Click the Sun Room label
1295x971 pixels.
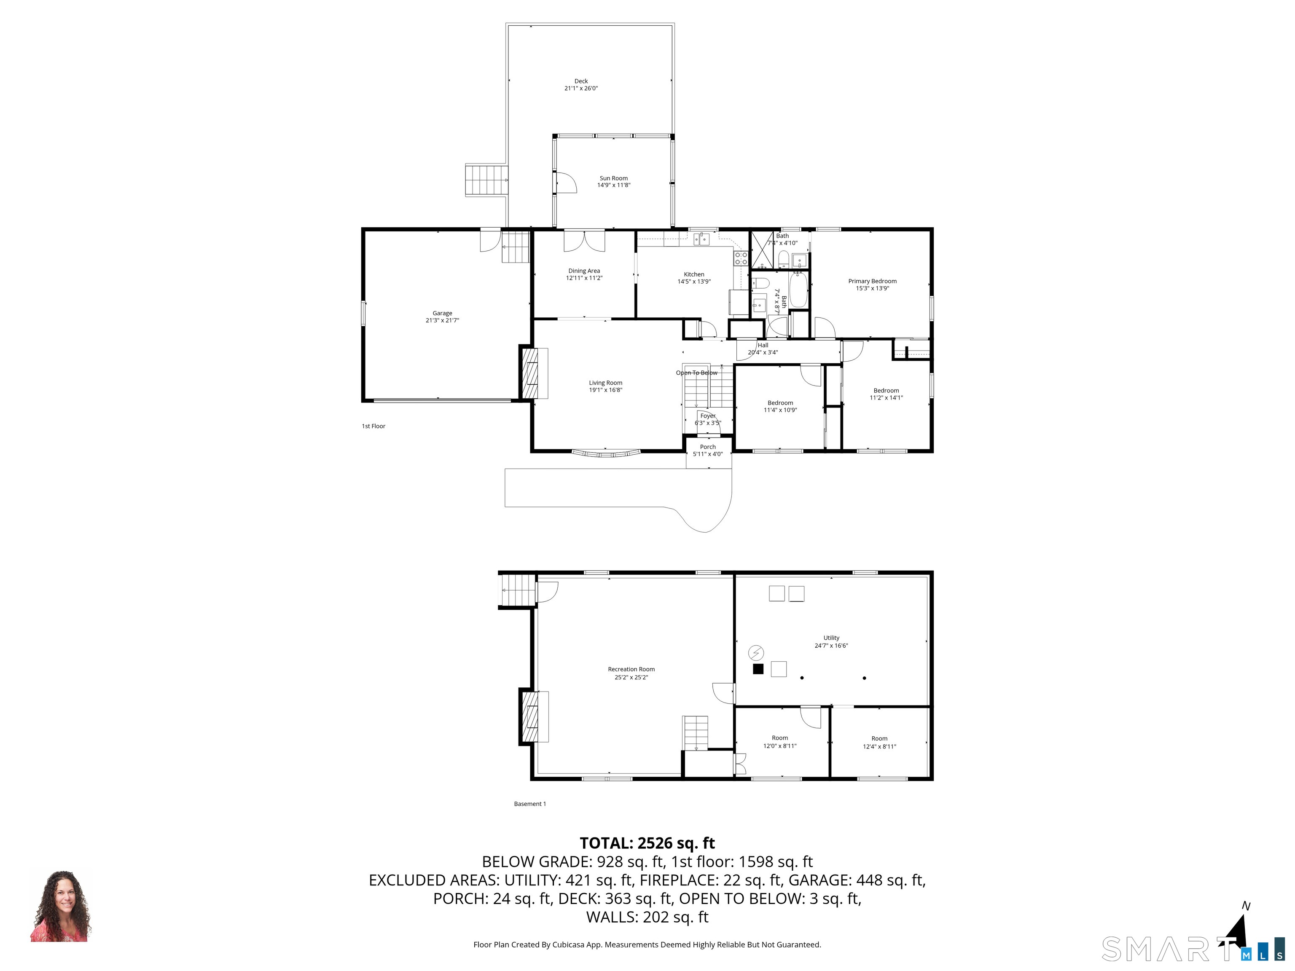(613, 178)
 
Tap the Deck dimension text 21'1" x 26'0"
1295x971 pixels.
(581, 89)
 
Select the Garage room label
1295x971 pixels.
(442, 313)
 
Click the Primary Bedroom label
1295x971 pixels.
(872, 281)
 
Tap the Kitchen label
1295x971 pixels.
(694, 274)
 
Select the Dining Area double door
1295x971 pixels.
(584, 241)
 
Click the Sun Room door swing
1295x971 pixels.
(566, 182)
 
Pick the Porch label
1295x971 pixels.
(708, 447)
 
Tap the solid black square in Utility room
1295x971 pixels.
(758, 669)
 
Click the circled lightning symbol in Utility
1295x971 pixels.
(756, 652)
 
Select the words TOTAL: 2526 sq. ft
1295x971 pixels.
(647, 843)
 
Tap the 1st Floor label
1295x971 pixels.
(373, 426)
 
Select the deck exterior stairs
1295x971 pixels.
(486, 180)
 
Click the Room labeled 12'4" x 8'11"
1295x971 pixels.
(879, 742)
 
